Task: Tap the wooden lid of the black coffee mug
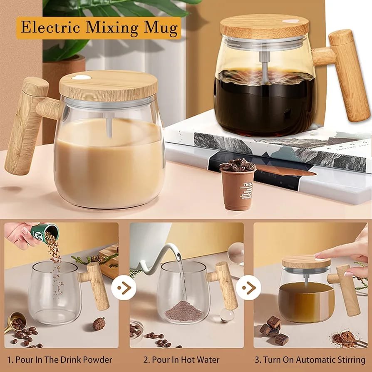265,26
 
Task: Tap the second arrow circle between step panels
248,288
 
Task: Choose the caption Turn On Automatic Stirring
310,360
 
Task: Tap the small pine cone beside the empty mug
99,323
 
